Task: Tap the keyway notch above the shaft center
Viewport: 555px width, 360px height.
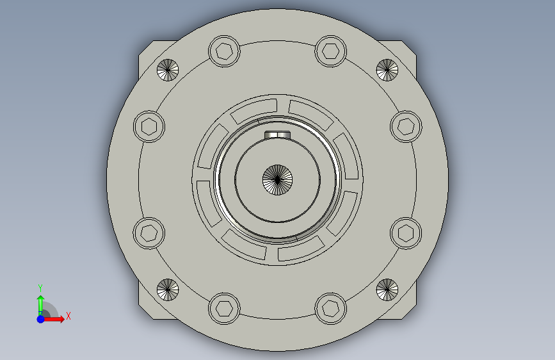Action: pyautogui.click(x=277, y=135)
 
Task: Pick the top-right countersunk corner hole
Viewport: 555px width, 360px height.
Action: pyautogui.click(x=387, y=69)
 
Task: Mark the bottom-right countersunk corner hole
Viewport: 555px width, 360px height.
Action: pyautogui.click(x=387, y=290)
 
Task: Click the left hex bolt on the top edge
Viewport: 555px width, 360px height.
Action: pyautogui.click(x=224, y=51)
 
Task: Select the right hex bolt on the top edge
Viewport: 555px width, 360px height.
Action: pyautogui.click(x=330, y=51)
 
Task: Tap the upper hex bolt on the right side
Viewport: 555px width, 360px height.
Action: pyautogui.click(x=405, y=126)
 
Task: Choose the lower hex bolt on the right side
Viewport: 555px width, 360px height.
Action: pyautogui.click(x=405, y=233)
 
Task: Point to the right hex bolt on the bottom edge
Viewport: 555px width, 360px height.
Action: pyautogui.click(x=330, y=308)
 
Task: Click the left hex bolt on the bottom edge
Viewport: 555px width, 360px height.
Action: pyautogui.click(x=224, y=308)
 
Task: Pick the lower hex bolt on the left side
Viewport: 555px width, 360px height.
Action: pyautogui.click(x=149, y=233)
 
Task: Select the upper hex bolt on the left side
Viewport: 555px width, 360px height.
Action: pyautogui.click(x=149, y=126)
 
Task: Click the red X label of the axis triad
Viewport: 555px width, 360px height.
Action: pyautogui.click(x=68, y=316)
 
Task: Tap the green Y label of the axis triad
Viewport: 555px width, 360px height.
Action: pyautogui.click(x=40, y=288)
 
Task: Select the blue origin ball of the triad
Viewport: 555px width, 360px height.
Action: pyautogui.click(x=40, y=318)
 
